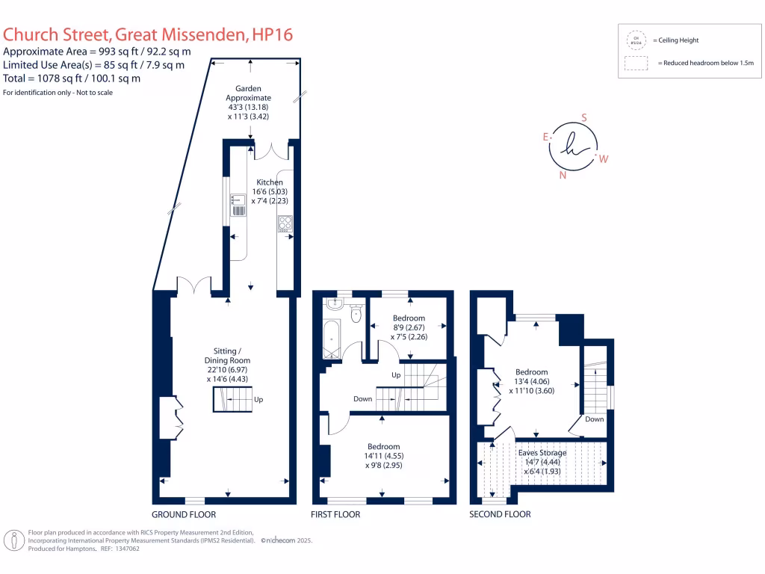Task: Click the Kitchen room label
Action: [x=270, y=182]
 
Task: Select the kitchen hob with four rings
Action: [x=285, y=222]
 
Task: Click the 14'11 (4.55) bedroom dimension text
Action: [x=385, y=455]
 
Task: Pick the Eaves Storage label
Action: [x=542, y=453]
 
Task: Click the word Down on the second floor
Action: [x=595, y=419]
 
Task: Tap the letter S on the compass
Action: [x=584, y=117]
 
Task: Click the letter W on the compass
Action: [x=604, y=158]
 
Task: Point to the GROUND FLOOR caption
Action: [x=184, y=515]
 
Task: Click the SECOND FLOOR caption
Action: [x=500, y=515]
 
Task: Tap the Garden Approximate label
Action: [x=250, y=93]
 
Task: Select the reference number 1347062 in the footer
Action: [x=124, y=549]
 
